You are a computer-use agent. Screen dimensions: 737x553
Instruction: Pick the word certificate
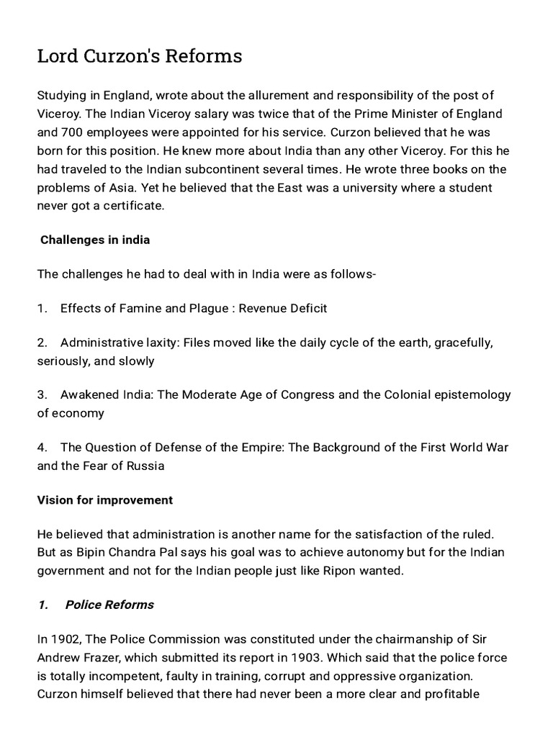pyautogui.click(x=133, y=207)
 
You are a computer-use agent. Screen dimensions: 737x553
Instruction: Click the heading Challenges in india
pyautogui.click(x=95, y=240)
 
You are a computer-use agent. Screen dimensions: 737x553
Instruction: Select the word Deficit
pyautogui.click(x=302, y=308)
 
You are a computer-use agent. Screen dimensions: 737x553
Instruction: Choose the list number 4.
pyautogui.click(x=42, y=447)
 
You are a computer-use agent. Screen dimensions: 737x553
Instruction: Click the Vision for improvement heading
pyautogui.click(x=105, y=499)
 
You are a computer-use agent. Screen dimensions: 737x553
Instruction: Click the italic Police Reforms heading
pyautogui.click(x=109, y=605)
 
